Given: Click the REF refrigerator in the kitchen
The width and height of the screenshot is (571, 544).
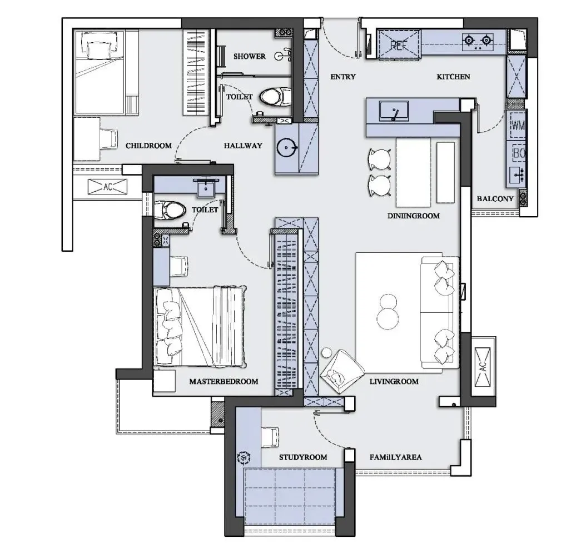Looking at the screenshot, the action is point(399,44).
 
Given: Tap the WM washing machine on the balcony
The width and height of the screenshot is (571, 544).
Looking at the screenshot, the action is point(517,126).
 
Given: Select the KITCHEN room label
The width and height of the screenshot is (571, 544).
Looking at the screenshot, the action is point(453,77).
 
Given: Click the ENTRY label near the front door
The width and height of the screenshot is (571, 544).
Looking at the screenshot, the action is point(343,77).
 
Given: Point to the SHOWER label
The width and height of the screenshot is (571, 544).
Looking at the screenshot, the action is point(250,57).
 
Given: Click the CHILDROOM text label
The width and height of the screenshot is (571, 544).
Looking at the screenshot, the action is point(148,146).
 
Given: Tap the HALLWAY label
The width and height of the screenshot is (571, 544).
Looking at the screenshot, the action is point(243,146).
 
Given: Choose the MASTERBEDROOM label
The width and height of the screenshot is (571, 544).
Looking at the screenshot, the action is point(224,381).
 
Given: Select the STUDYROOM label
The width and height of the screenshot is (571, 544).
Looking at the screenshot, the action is point(303,457).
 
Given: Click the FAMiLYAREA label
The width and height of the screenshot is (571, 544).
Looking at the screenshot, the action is point(395,457).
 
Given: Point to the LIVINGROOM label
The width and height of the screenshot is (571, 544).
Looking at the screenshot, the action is point(394,381).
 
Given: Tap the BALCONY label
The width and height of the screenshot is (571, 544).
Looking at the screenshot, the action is point(495,199).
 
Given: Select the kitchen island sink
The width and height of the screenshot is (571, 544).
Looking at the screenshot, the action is point(394,111).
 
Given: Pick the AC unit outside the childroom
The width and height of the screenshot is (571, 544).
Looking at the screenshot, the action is point(108,187).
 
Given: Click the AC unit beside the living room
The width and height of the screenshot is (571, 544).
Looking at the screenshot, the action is point(483,366).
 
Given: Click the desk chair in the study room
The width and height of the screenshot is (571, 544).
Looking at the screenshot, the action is point(270,437).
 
